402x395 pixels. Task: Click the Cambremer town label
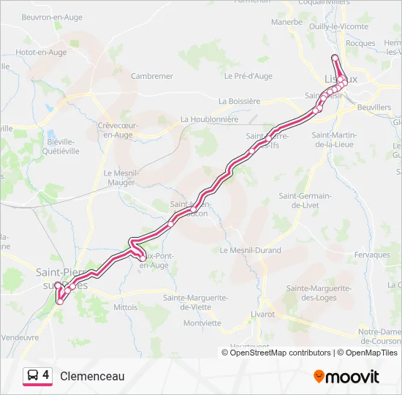[151, 76]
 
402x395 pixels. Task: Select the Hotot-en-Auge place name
[41, 53]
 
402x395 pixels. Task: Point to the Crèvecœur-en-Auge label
[118, 130]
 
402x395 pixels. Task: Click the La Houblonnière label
[209, 119]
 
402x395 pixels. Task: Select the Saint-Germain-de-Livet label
[306, 200]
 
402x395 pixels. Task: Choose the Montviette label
[202, 323]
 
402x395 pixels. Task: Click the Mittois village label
[125, 307]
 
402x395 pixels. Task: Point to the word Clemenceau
[92, 377]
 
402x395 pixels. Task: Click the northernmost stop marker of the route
[335, 58]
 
